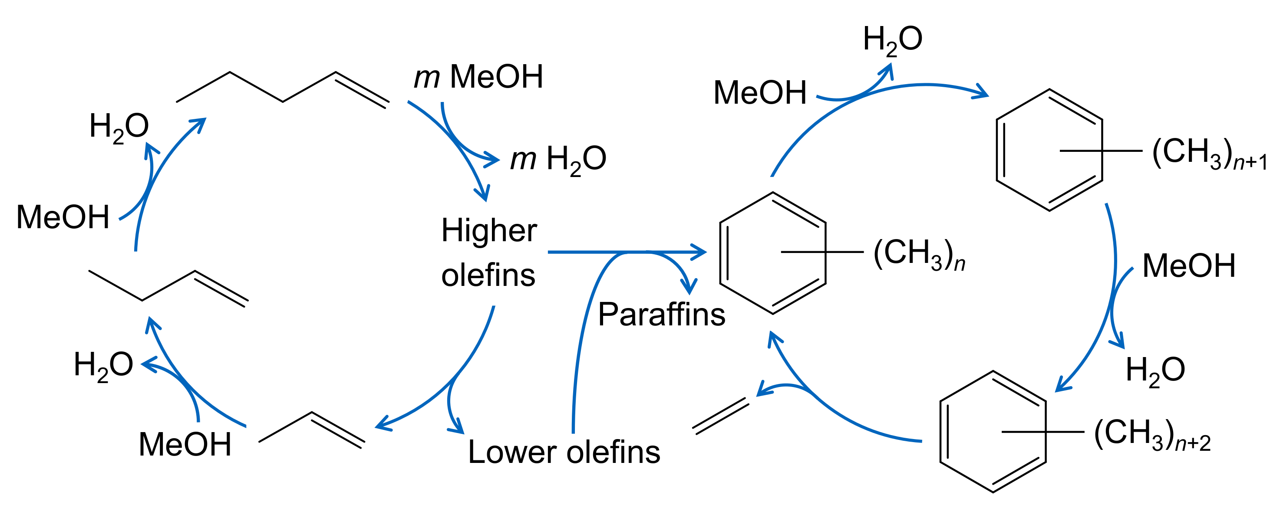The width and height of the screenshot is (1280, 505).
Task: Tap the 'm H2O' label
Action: click(x=558, y=159)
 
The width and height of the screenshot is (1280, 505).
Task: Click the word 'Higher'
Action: click(x=489, y=231)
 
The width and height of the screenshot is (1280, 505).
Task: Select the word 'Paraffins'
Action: click(x=661, y=314)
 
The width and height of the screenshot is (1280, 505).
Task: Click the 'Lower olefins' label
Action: click(x=564, y=452)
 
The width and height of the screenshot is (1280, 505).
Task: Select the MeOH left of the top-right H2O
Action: click(x=760, y=93)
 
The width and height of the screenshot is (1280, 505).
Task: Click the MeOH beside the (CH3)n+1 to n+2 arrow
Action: click(x=1188, y=266)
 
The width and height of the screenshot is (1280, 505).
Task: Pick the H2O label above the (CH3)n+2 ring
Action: click(x=1155, y=370)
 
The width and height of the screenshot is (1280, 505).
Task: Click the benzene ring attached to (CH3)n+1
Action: click(x=1049, y=151)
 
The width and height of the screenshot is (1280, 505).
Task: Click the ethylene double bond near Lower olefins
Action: click(x=720, y=416)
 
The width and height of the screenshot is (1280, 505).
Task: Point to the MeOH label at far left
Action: click(x=63, y=217)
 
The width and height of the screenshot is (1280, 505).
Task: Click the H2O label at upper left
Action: click(x=119, y=126)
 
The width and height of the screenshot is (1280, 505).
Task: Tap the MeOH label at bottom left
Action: click(x=185, y=444)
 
